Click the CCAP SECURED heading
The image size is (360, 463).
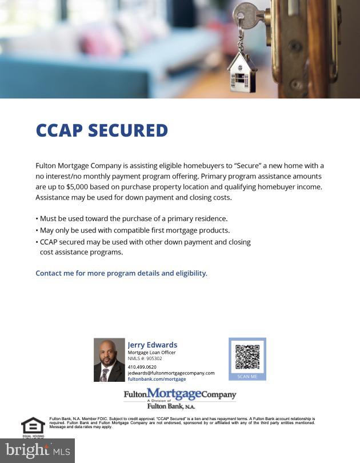[102, 130]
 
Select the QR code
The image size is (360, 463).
[247, 357]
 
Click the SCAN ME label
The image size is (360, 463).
[247, 377]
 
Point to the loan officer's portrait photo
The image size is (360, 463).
[109, 360]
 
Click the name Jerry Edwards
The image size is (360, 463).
[152, 345]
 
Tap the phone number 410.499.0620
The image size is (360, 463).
[142, 367]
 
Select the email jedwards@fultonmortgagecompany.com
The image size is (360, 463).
[171, 373]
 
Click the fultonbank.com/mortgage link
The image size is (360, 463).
[157, 379]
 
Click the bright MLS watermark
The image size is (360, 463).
[38, 450]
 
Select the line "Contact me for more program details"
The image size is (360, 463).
[121, 273]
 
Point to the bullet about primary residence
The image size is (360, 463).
[131, 218]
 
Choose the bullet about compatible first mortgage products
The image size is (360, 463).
[133, 230]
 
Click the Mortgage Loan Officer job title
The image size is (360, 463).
[151, 353]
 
